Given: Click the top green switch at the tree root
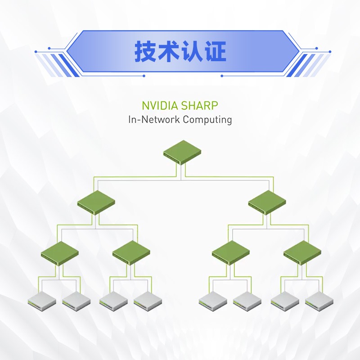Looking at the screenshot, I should click(x=181, y=153).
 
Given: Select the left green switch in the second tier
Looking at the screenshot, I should click(x=95, y=202).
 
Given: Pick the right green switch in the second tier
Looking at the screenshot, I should click(x=267, y=202).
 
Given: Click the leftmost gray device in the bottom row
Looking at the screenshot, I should click(x=42, y=300).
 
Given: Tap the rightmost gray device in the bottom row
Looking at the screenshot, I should click(x=319, y=300).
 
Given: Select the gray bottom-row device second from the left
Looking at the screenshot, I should click(x=76, y=300).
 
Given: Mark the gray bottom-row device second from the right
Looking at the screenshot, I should click(x=285, y=300).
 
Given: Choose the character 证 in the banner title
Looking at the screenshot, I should click(x=216, y=52).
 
